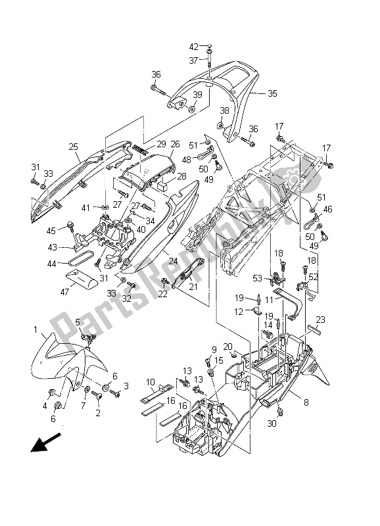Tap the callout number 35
[272, 93]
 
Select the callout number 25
[74, 147]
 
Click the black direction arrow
[45, 442]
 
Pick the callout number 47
[64, 292]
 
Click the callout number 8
[306, 402]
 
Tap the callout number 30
[272, 423]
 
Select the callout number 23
[321, 320]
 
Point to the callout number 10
[151, 382]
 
